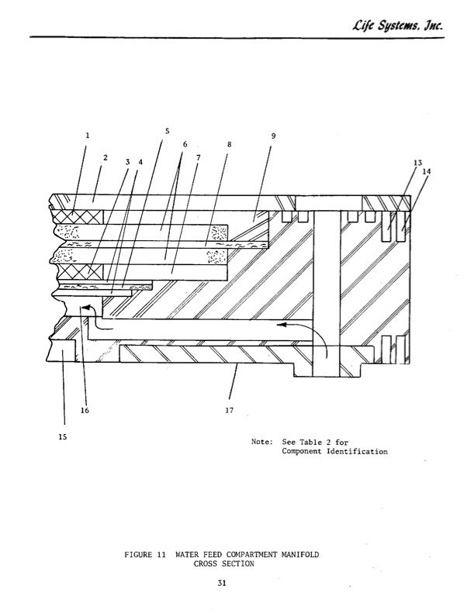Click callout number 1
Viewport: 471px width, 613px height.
click(x=88, y=136)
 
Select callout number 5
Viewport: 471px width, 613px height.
click(x=167, y=131)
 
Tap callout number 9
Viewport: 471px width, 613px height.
click(x=273, y=136)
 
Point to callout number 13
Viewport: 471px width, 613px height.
click(x=417, y=163)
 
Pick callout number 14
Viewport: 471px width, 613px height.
click(x=426, y=170)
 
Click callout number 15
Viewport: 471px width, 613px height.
click(x=63, y=437)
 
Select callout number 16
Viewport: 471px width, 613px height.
click(x=85, y=410)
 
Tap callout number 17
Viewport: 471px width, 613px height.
click(x=229, y=410)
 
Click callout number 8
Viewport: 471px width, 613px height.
click(x=230, y=144)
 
